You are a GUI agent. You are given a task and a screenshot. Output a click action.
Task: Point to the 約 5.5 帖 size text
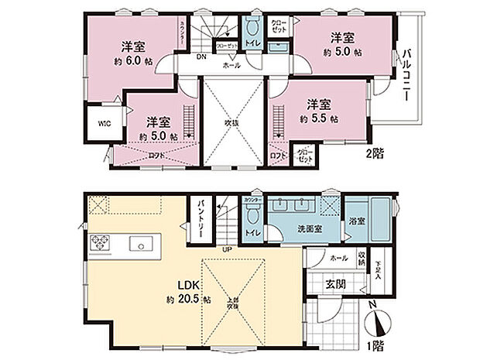[x=318, y=119]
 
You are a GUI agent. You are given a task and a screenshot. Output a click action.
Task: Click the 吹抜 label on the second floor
[x=230, y=122]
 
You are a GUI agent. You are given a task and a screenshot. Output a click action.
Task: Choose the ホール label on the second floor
[x=231, y=66]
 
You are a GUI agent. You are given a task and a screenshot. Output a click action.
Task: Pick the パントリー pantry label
[x=199, y=221]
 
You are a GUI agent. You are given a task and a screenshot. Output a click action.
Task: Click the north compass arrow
[x=379, y=318]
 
